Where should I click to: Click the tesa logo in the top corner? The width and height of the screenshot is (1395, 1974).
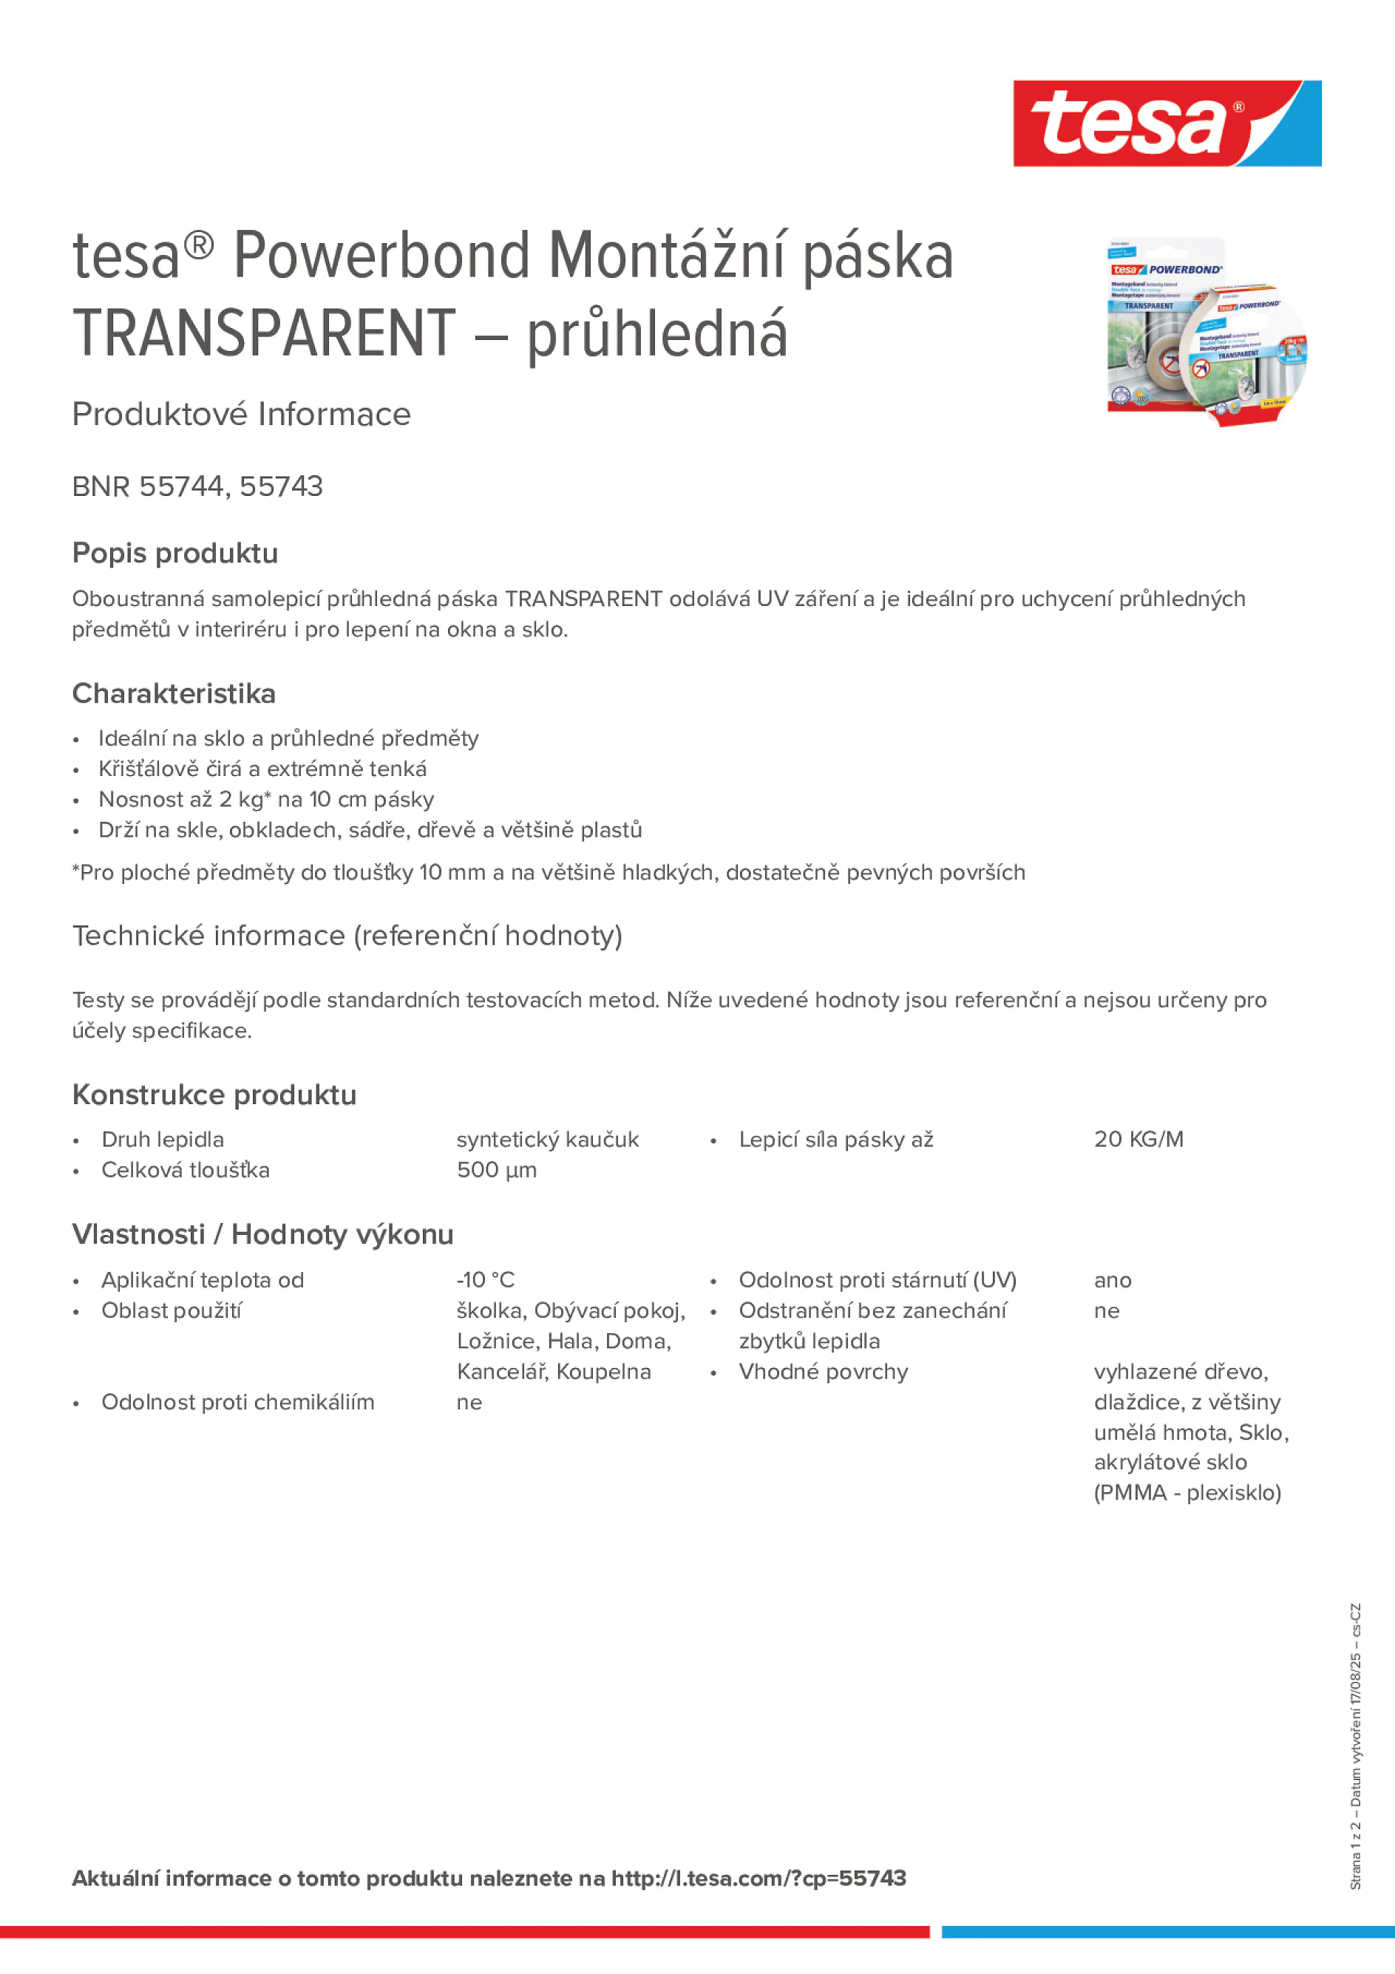pyautogui.click(x=1167, y=123)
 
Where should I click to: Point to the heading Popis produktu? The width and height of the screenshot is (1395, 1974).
pyautogui.click(x=174, y=553)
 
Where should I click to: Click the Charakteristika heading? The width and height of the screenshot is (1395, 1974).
pyautogui.click(x=174, y=693)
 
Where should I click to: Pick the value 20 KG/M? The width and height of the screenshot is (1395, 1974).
pyautogui.click(x=1138, y=1139)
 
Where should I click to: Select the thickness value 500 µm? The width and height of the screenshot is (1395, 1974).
pyautogui.click(x=496, y=1170)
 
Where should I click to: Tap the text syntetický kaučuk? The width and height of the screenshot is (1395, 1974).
pyautogui.click(x=547, y=1139)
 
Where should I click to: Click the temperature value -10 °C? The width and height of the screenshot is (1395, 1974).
pyautogui.click(x=485, y=1280)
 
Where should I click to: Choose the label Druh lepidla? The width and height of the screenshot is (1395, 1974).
pyautogui.click(x=163, y=1139)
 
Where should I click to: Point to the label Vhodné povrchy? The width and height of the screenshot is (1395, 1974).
pyautogui.click(x=823, y=1372)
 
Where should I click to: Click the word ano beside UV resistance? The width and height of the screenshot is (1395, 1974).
pyautogui.click(x=1112, y=1280)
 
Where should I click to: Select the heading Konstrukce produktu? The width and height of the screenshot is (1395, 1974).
pyautogui.click(x=214, y=1095)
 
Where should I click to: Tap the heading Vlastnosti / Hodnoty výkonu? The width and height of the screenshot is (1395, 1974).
pyautogui.click(x=262, y=1233)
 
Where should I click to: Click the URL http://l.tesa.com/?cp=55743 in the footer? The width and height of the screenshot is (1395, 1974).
pyautogui.click(x=758, y=1879)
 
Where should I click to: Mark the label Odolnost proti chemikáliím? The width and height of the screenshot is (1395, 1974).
pyautogui.click(x=237, y=1402)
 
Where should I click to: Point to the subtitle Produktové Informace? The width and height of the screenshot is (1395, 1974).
pyautogui.click(x=242, y=415)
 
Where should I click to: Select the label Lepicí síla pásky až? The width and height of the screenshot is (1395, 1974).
pyautogui.click(x=836, y=1139)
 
